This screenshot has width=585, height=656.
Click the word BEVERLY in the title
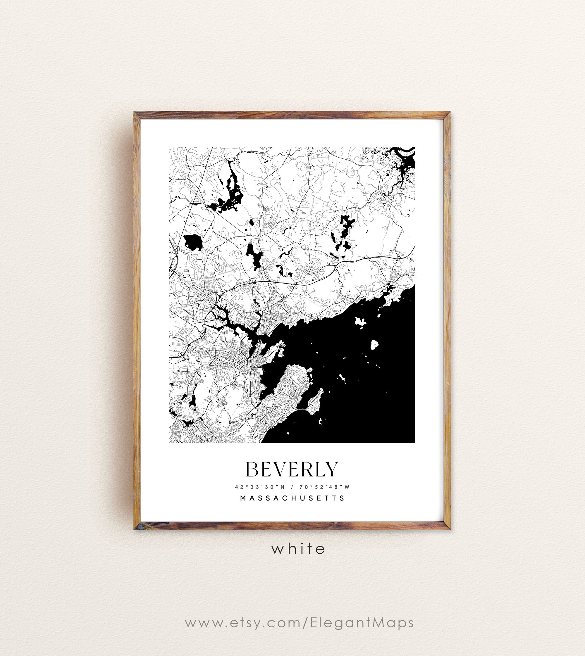tap(292, 469)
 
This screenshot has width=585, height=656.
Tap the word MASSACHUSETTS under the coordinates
tap(292, 498)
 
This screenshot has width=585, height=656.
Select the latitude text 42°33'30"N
tap(260, 487)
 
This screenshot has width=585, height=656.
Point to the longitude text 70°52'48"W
tap(325, 487)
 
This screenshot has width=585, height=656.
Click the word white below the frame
tap(298, 549)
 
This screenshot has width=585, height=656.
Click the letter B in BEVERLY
tap(252, 469)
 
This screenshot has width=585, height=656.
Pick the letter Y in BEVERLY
tap(331, 469)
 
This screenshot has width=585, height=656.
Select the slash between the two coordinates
tap(292, 487)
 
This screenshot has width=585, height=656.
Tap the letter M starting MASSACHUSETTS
tap(243, 498)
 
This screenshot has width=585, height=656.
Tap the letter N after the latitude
tap(283, 487)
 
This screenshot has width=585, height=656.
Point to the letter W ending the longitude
tap(347, 487)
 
